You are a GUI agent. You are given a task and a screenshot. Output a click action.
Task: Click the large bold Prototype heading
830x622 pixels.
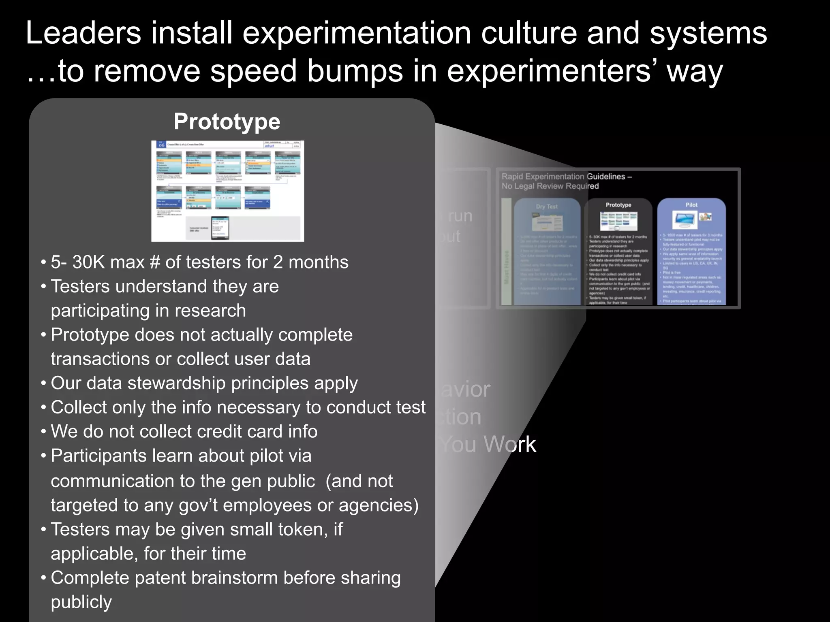tap(227, 121)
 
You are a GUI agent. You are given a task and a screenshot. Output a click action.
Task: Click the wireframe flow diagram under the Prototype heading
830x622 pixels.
tap(227, 191)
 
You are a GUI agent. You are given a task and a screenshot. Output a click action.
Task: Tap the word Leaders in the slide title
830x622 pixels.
tap(83, 33)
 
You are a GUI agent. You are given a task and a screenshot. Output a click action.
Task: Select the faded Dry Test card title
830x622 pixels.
tap(547, 207)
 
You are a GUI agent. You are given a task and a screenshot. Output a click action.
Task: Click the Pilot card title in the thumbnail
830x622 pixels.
tap(691, 205)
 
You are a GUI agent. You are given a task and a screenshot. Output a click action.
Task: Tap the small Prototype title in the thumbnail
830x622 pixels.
tap(618, 205)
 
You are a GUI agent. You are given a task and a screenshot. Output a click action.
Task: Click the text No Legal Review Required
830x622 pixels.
tap(550, 186)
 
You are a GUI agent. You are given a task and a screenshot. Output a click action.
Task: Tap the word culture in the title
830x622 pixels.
tap(528, 33)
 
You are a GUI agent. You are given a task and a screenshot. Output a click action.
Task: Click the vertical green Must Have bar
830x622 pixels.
tap(506, 251)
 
